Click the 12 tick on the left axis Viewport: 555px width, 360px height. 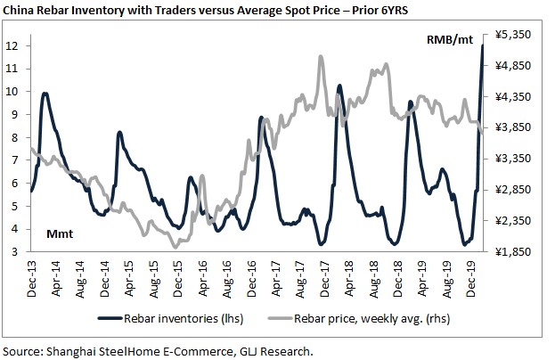pos(12,45)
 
